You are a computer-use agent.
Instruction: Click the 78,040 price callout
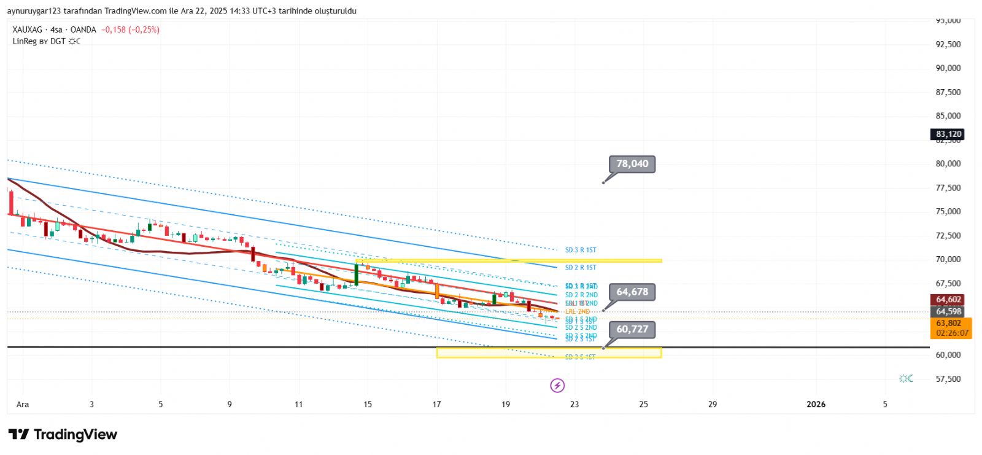pyautogui.click(x=632, y=164)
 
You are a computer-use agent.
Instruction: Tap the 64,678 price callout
pyautogui.click(x=632, y=292)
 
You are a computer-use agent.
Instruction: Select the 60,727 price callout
pyautogui.click(x=632, y=329)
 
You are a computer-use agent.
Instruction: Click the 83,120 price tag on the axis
pyautogui.click(x=948, y=134)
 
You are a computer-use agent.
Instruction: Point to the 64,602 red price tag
pyautogui.click(x=948, y=300)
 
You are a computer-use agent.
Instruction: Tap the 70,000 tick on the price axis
pyautogui.click(x=948, y=259)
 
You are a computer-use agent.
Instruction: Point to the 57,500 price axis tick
pyautogui.click(x=948, y=379)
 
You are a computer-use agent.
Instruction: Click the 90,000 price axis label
pyautogui.click(x=948, y=68)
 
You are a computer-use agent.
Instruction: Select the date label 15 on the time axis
pyautogui.click(x=368, y=404)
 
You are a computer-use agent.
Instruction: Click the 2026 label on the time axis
pyautogui.click(x=816, y=404)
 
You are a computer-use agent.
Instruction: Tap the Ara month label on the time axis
pyautogui.click(x=23, y=404)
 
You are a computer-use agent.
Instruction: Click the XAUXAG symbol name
pyautogui.click(x=28, y=29)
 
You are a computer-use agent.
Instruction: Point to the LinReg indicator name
pyautogui.click(x=25, y=41)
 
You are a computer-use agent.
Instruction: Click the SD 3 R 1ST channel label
pyautogui.click(x=581, y=250)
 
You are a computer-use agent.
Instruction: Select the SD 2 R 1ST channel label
pyautogui.click(x=581, y=267)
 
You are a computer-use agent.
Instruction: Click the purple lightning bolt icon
pyautogui.click(x=557, y=386)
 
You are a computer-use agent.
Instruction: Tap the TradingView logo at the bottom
pyautogui.click(x=63, y=435)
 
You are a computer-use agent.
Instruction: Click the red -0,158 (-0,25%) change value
pyautogui.click(x=130, y=29)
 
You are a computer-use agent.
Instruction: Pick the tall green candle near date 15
pyautogui.click(x=356, y=274)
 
